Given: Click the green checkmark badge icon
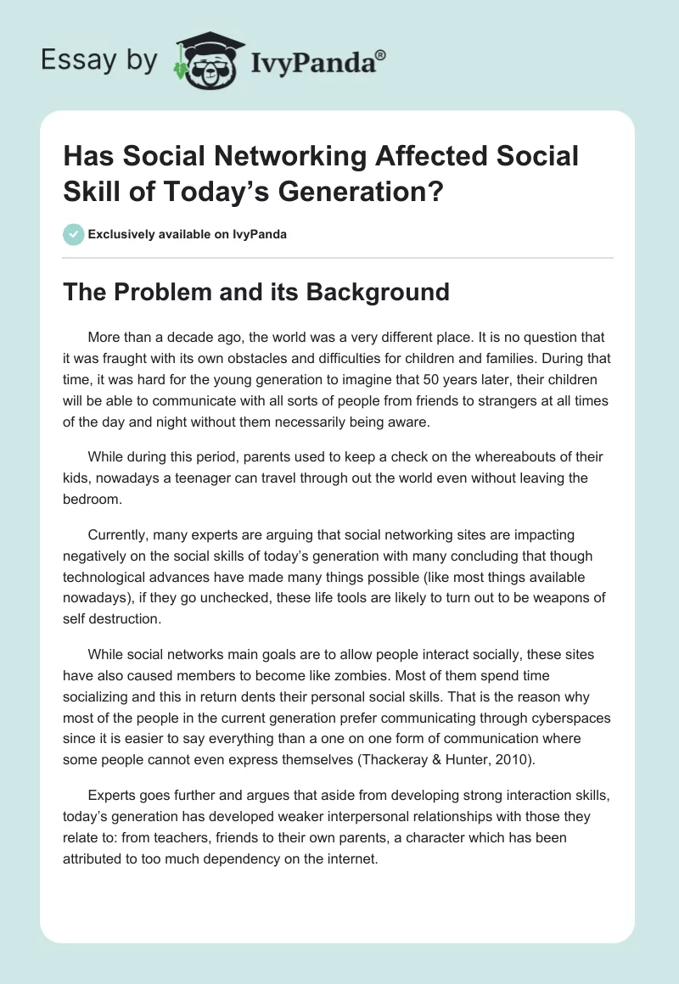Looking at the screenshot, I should click(74, 234).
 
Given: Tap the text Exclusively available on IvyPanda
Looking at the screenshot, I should click(187, 234).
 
